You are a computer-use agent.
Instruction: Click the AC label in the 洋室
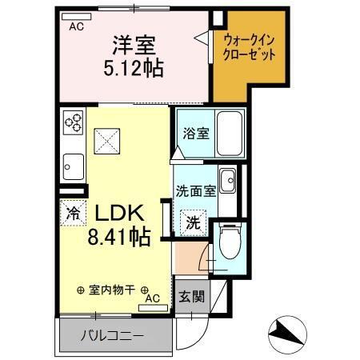coord(75,26)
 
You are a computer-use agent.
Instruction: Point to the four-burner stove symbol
coord(74,122)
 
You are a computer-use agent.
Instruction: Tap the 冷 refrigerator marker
coord(73,214)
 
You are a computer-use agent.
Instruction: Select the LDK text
coord(120,214)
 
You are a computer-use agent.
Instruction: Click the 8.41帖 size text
coord(120,237)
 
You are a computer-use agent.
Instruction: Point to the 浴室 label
coord(195,133)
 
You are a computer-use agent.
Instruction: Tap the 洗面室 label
coord(194,191)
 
